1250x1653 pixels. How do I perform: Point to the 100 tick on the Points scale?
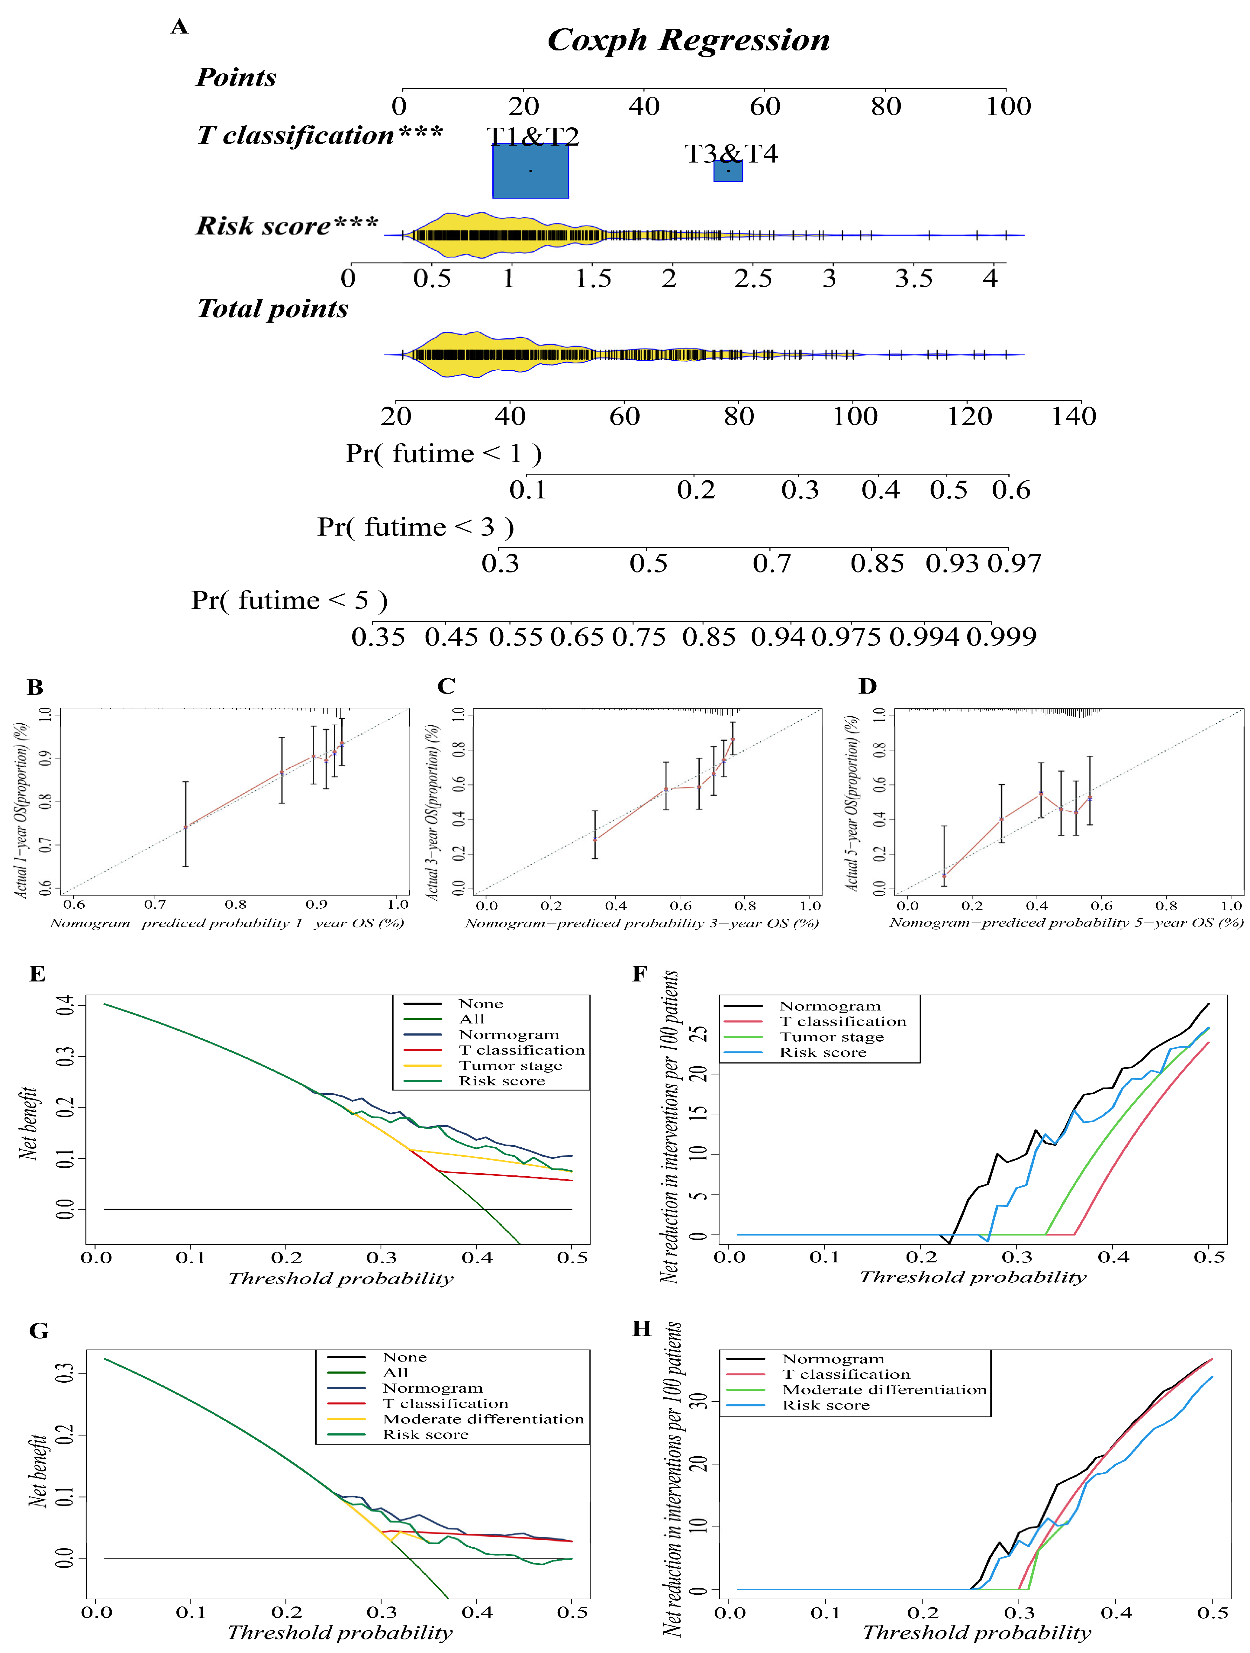coord(1008,106)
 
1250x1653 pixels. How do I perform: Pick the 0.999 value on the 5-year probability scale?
coord(1001,637)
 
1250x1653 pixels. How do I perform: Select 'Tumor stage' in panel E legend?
coord(510,1066)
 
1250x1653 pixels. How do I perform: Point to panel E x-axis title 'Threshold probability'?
coord(341,1279)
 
